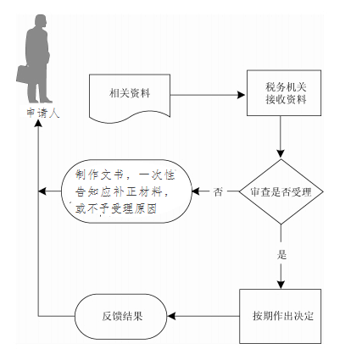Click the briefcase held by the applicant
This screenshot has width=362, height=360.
[x=23, y=75]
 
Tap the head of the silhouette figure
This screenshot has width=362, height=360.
[x=41, y=21]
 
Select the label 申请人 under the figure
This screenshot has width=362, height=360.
[x=42, y=113]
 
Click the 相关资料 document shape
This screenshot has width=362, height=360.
[x=130, y=98]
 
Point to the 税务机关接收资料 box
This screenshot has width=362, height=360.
[x=284, y=93]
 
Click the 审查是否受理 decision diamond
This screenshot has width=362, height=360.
[x=281, y=191]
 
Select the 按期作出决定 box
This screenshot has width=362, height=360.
[x=281, y=316]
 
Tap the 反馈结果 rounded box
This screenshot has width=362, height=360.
[x=121, y=316]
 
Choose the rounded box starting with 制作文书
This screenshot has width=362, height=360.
[x=126, y=191]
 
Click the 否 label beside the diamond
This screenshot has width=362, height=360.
[x=218, y=192]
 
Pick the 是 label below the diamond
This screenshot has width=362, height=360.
[x=281, y=255]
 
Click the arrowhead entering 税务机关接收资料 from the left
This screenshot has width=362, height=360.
[x=241, y=95]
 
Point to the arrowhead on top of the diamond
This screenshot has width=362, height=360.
[x=281, y=153]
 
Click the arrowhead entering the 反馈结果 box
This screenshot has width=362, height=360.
[x=171, y=316]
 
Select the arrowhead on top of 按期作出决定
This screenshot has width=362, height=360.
[x=281, y=285]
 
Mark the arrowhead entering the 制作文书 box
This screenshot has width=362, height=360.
[x=196, y=191]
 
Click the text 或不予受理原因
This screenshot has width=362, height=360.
[x=116, y=209]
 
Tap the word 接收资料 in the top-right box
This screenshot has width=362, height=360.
[x=286, y=100]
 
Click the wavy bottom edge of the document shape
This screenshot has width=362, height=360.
[x=130, y=118]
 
